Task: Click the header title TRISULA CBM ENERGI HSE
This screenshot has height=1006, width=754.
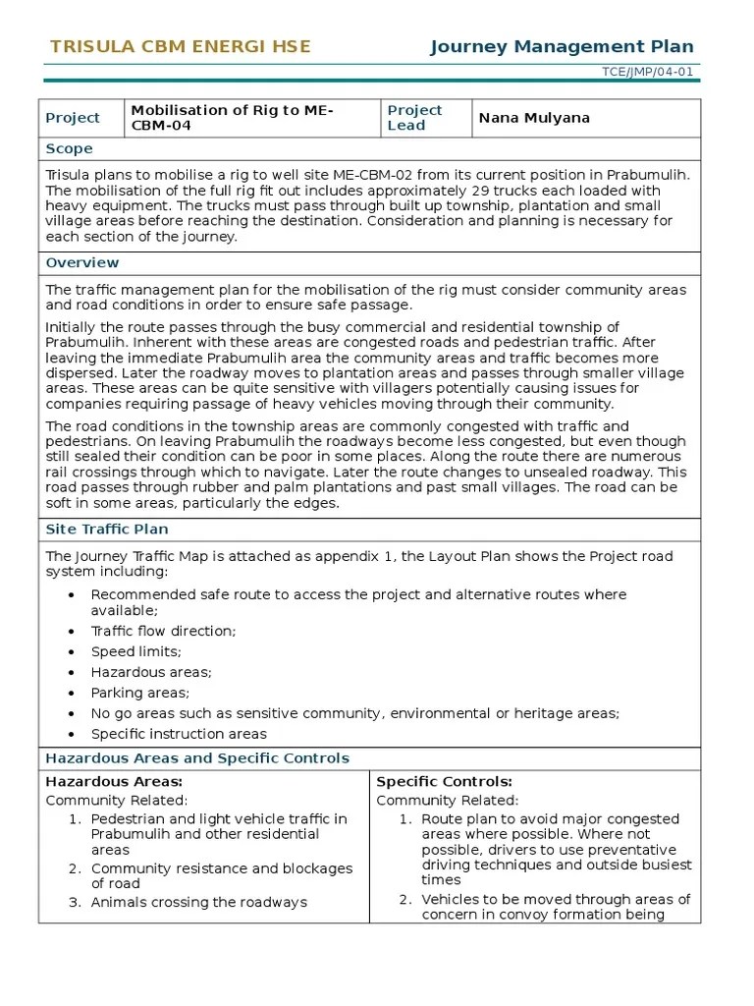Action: [x=180, y=46]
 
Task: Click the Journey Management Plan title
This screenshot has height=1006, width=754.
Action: [x=562, y=46]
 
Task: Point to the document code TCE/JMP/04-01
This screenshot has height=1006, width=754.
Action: [x=648, y=73]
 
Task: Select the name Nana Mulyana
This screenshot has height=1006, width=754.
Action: [x=534, y=118]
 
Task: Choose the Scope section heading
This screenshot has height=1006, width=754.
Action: [x=69, y=148]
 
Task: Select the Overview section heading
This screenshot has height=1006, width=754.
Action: [x=82, y=262]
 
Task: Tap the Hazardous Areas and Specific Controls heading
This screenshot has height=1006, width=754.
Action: [x=197, y=758]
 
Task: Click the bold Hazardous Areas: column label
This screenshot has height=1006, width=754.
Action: [x=114, y=781]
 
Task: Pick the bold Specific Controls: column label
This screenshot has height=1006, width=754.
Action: [x=445, y=781]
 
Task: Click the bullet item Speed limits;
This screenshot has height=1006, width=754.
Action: [x=136, y=651]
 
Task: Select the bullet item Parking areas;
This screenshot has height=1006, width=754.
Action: [x=139, y=693]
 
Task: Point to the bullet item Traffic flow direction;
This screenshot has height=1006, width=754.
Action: [x=163, y=631]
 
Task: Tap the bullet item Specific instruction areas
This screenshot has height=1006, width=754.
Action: [x=179, y=734]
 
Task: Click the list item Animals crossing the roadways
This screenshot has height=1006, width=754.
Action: [x=199, y=902]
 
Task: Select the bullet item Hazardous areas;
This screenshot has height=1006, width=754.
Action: [x=151, y=672]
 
